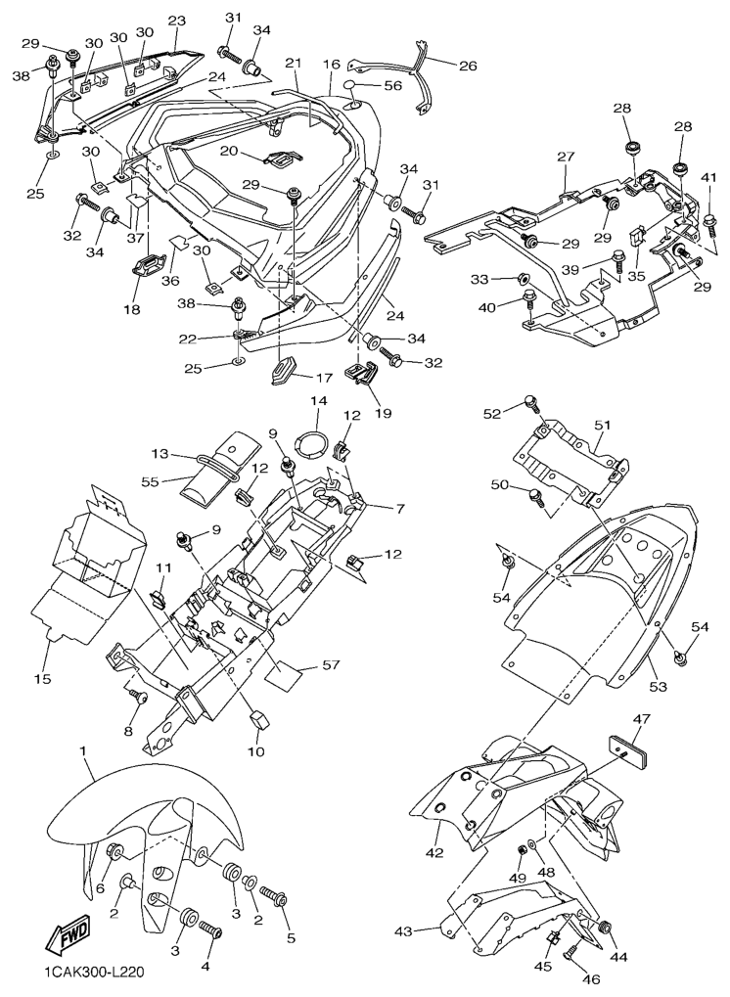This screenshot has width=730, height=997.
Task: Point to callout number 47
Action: click(641, 720)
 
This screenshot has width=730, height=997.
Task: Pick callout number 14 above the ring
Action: click(318, 401)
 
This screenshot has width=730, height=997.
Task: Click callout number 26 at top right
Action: click(467, 68)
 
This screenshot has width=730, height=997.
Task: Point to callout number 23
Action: click(177, 21)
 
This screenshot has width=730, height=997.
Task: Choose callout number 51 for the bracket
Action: click(603, 425)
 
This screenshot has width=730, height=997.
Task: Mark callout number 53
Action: click(659, 688)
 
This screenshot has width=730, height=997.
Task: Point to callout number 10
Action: click(255, 752)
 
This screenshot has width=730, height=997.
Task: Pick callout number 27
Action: click(565, 157)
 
